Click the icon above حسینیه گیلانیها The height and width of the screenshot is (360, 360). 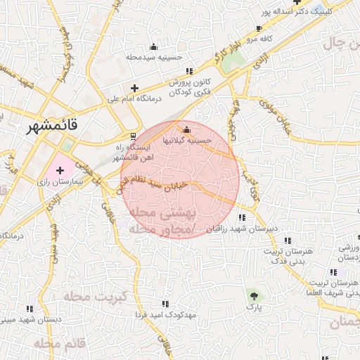(x=186, y=129)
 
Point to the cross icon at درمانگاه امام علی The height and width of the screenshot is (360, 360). (x=134, y=88)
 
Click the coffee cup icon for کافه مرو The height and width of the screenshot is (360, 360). (x=259, y=29)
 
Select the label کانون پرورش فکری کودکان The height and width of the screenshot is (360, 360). (x=188, y=87)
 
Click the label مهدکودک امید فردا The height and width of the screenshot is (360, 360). (x=167, y=315)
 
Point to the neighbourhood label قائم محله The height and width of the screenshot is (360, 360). (x=59, y=344)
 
